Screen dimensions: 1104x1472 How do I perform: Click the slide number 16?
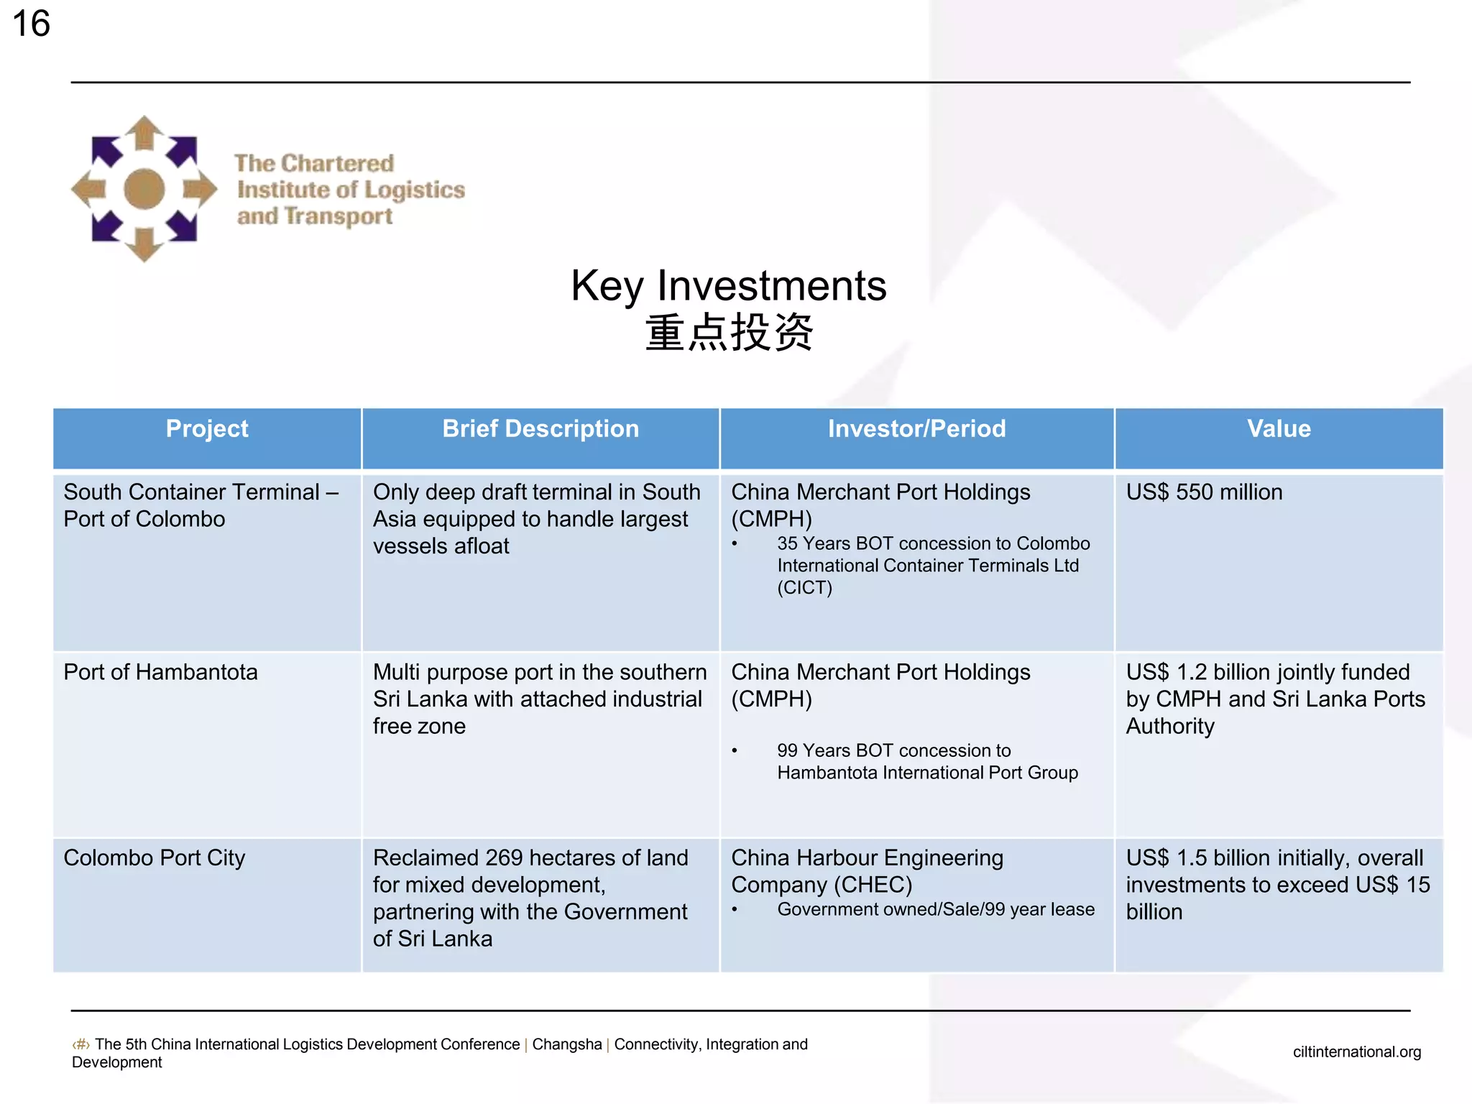(32, 24)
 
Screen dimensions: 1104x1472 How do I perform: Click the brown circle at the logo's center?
(144, 189)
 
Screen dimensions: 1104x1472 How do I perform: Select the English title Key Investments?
(728, 285)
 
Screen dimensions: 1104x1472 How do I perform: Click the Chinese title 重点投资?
(729, 333)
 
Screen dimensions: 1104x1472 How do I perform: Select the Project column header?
(207, 429)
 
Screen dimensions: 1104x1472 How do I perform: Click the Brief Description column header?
(540, 429)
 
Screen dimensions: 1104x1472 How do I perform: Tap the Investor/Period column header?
(916, 429)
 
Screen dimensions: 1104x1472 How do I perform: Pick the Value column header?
(1279, 429)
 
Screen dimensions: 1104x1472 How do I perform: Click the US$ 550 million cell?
(1204, 492)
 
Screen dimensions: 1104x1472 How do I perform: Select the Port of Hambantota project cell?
(160, 672)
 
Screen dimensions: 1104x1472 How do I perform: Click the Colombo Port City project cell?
(155, 857)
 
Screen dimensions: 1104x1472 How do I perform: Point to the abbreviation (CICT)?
(804, 588)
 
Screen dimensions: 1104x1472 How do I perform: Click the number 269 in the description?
(504, 857)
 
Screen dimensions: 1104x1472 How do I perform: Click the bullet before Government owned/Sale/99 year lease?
(735, 910)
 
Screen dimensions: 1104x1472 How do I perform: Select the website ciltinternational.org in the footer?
(1356, 1052)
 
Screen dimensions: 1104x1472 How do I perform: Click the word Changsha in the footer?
(567, 1044)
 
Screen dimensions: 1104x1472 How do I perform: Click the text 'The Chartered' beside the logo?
(314, 163)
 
